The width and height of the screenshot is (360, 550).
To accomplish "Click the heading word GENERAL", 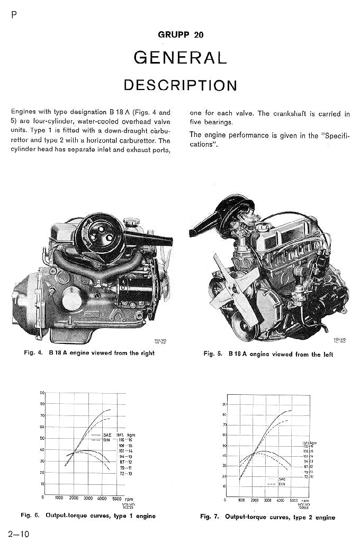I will [180, 57].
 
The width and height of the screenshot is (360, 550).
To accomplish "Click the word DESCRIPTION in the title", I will [180, 85].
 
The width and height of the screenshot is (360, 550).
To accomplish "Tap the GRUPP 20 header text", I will [180, 35].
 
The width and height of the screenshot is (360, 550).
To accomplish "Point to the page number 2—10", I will [19, 534].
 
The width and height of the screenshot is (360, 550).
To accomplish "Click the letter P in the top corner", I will [13, 14].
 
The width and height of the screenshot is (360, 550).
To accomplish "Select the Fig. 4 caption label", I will [33, 353].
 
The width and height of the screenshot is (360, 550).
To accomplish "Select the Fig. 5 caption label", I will [212, 354].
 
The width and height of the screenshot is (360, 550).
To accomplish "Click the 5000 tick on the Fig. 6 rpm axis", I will [117, 498].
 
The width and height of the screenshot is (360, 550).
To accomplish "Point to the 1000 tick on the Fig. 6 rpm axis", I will [59, 498].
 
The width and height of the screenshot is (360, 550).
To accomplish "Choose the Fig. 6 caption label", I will [30, 516].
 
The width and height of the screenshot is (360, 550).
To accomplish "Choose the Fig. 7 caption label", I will [210, 517].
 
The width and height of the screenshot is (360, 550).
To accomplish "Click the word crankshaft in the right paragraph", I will [290, 113].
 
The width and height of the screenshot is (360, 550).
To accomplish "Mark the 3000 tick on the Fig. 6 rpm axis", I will [88, 498].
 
